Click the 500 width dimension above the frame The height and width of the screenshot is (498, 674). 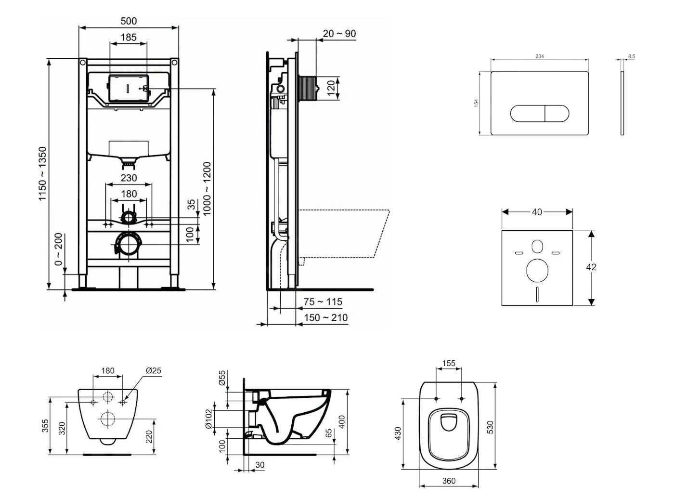pyautogui.click(x=129, y=21)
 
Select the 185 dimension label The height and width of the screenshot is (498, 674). pyautogui.click(x=129, y=37)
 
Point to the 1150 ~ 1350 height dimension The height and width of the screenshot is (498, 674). pyautogui.click(x=43, y=174)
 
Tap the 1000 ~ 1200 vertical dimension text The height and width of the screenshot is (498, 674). pyautogui.click(x=207, y=189)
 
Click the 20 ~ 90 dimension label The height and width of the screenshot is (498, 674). pyautogui.click(x=339, y=33)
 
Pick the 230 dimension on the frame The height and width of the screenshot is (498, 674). pyautogui.click(x=129, y=178)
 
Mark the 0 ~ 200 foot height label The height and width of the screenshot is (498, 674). pyautogui.click(x=58, y=249)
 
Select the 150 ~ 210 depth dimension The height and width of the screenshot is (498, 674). pyautogui.click(x=325, y=317)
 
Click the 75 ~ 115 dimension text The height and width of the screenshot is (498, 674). pyautogui.click(x=323, y=301)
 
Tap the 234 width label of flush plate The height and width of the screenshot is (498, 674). pyautogui.click(x=540, y=56)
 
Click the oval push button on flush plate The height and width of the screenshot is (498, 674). pyautogui.click(x=540, y=114)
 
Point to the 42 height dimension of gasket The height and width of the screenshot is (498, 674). pyautogui.click(x=591, y=267)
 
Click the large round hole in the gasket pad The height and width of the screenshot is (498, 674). pyautogui.click(x=537, y=271)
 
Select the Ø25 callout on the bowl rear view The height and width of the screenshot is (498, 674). pyautogui.click(x=153, y=370)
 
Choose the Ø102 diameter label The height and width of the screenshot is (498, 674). pyautogui.click(x=208, y=419)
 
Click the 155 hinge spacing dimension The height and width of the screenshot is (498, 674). pyautogui.click(x=449, y=363)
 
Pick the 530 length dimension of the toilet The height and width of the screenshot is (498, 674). pyautogui.click(x=490, y=426)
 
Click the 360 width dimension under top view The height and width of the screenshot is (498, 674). pyautogui.click(x=449, y=481)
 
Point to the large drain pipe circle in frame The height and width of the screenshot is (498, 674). pyautogui.click(x=129, y=244)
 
